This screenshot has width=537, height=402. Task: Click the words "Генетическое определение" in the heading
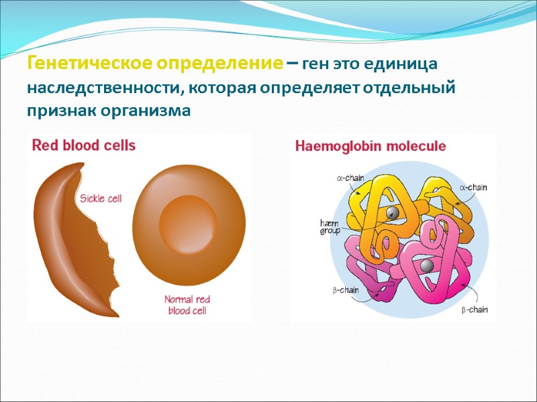click(154, 65)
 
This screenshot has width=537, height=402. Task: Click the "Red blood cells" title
click(84, 145)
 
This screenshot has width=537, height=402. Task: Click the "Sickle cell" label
click(101, 198)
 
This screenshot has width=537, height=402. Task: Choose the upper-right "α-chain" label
click(473, 188)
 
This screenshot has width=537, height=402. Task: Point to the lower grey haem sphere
click(425, 267)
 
